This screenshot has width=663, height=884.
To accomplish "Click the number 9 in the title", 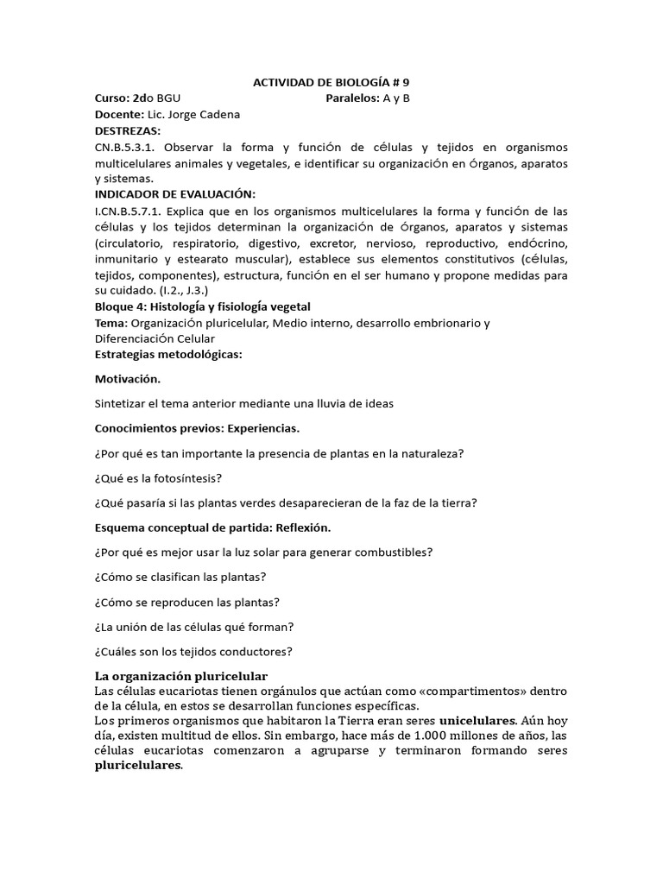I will point(418,83).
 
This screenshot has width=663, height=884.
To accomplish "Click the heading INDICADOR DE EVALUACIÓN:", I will point(175,194).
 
